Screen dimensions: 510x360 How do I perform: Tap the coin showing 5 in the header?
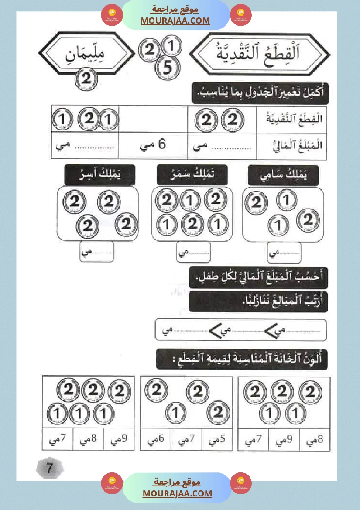coord(165,68)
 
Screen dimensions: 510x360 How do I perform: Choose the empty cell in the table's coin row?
coord(153,118)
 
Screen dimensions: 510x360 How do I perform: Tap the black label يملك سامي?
coord(283,175)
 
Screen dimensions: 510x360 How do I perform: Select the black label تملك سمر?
coord(193,175)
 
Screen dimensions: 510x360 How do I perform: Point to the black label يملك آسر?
coord(99,175)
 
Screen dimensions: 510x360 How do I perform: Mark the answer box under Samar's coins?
coord(193,252)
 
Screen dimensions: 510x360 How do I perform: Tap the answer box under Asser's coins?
coord(96,252)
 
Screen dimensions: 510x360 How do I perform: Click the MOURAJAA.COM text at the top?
coord(175,21)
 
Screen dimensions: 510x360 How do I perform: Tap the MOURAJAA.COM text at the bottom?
coord(177,493)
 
